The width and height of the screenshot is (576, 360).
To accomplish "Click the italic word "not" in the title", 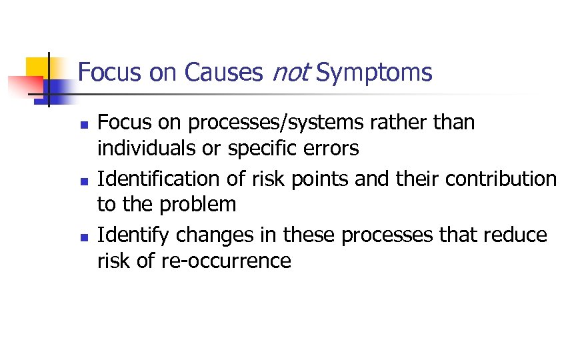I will tap(291, 72).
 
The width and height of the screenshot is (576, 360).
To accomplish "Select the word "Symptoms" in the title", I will tap(374, 72).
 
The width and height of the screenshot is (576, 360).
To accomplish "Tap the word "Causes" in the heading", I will tap(224, 72).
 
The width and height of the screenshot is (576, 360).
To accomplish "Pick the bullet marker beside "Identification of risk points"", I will tap(83, 181).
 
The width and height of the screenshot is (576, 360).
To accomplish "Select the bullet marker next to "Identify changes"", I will tap(83, 237).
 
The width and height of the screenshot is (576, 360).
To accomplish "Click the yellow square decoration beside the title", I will tap(37, 68).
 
